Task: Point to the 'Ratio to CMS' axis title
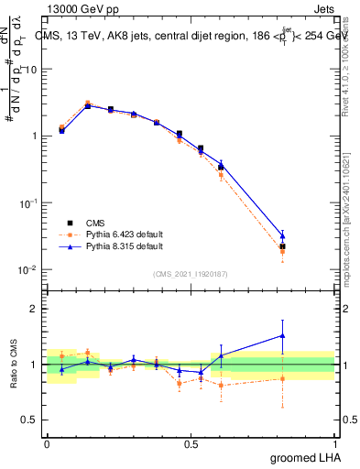[x=14, y=364]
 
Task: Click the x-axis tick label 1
[x=334, y=443]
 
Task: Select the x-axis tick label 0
[x=46, y=443]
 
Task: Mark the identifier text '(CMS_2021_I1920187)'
[x=190, y=273]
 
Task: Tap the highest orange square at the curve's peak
[x=88, y=104]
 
